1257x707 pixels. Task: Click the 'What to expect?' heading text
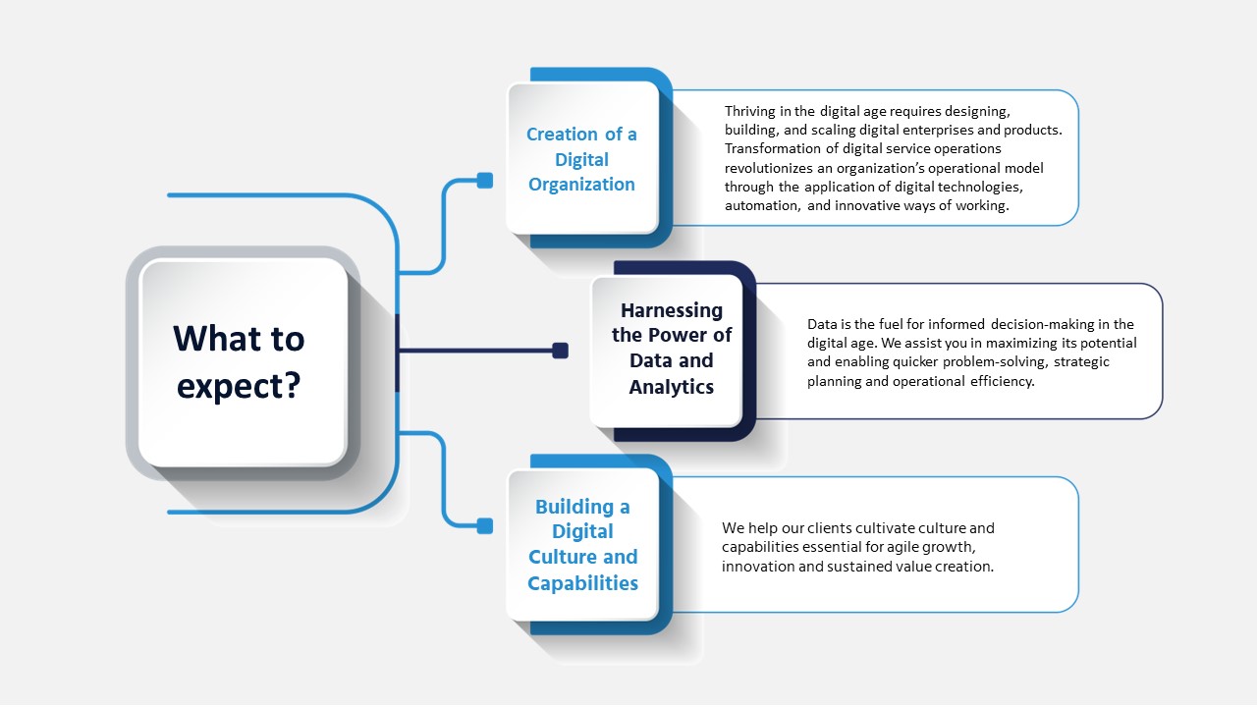239,361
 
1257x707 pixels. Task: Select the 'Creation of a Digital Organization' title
581,159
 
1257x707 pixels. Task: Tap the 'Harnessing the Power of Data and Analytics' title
672,349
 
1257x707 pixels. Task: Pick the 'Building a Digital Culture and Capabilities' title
582,545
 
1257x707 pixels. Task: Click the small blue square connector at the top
484,180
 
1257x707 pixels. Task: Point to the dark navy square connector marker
560,351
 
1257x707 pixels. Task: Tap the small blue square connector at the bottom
484,526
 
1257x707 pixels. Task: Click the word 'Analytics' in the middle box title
672,387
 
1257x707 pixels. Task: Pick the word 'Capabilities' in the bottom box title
582,583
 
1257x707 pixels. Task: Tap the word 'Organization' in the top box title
581,185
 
